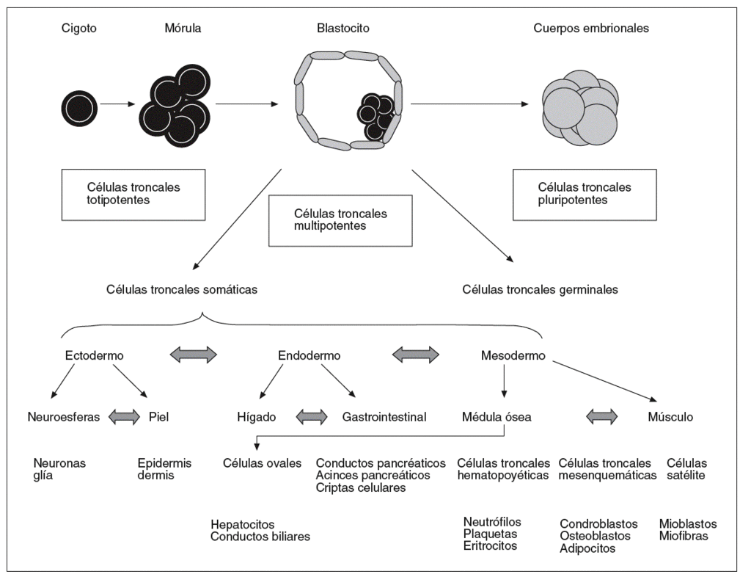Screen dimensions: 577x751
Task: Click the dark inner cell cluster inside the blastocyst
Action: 375,115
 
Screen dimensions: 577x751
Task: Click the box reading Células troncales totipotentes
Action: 133,193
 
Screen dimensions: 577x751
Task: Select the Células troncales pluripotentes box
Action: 584,193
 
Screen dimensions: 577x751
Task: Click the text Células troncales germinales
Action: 540,289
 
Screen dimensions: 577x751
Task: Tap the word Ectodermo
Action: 94,355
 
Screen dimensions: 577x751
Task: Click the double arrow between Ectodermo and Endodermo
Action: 194,355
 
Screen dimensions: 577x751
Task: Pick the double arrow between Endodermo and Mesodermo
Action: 417,355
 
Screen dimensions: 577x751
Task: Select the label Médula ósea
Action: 497,417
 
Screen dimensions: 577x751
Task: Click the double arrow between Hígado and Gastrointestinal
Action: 311,417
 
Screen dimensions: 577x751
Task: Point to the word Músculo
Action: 670,417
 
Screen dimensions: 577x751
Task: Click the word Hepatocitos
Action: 242,524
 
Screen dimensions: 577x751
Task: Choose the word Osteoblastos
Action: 595,536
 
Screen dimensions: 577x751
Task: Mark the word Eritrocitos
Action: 490,545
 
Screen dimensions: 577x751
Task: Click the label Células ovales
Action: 263,463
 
